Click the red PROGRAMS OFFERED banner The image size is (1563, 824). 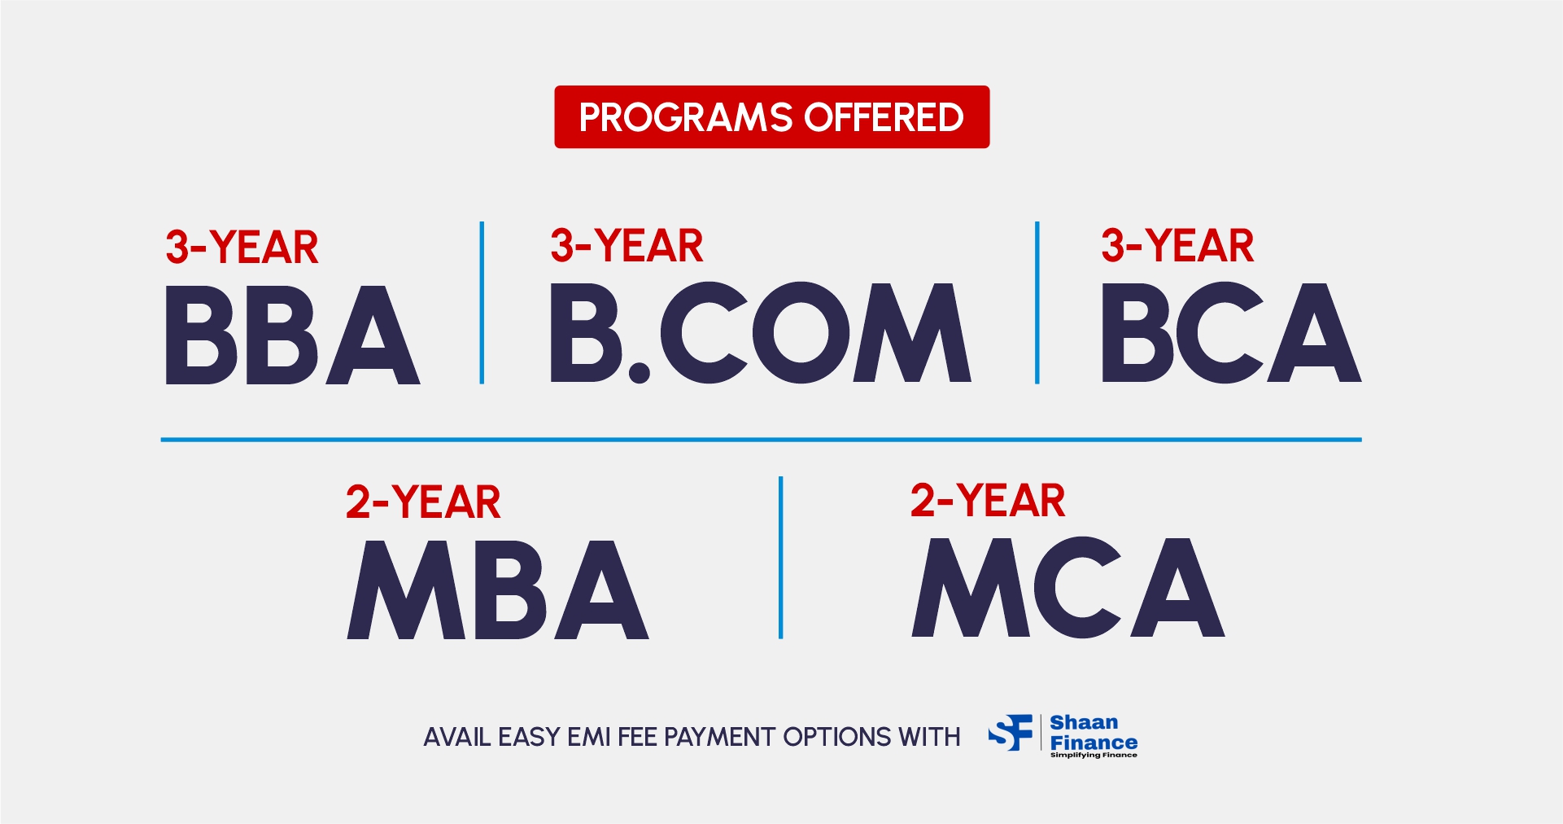click(771, 117)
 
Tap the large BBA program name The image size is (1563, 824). click(293, 335)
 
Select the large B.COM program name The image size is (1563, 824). click(761, 333)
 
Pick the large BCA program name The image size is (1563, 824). click(1231, 333)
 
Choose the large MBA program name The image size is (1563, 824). click(498, 590)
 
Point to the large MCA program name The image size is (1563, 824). click(1068, 587)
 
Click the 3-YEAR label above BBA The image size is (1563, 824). click(242, 248)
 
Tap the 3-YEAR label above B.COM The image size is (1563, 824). click(627, 246)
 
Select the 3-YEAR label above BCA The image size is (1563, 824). click(1177, 246)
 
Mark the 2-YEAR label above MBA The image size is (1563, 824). click(423, 502)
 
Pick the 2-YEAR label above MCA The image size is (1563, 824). click(988, 500)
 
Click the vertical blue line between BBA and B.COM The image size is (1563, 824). click(482, 302)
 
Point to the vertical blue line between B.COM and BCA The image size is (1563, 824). click(1037, 302)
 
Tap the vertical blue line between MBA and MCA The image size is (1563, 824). click(780, 558)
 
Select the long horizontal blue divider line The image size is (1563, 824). click(761, 440)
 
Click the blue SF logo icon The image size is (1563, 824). click(1011, 733)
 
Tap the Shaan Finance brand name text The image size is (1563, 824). click(1094, 732)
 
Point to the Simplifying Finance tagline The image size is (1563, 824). click(1094, 755)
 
